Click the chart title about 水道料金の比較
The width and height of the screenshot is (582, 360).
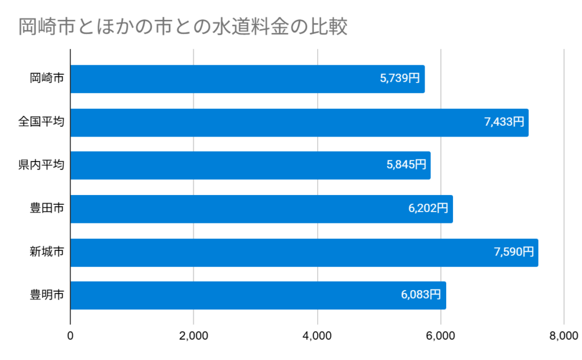click(182, 27)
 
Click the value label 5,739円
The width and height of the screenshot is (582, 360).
click(400, 79)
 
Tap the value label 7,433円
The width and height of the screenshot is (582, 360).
click(504, 122)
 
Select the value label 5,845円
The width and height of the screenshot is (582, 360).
click(406, 165)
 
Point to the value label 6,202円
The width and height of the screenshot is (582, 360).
click(428, 209)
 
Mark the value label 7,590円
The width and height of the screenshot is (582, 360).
click(514, 252)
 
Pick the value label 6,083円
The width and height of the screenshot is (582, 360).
click(421, 295)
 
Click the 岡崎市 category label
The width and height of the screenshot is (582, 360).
click(47, 79)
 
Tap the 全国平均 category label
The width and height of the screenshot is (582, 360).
click(41, 122)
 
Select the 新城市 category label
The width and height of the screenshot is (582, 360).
click(47, 252)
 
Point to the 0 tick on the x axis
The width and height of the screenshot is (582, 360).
click(70, 336)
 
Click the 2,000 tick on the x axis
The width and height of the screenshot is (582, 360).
click(194, 336)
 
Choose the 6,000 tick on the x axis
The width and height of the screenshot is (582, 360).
click(440, 336)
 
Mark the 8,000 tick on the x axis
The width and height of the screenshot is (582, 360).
click(563, 336)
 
